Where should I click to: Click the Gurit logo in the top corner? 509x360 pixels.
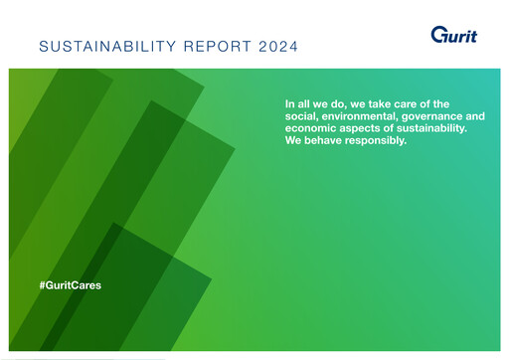pos(453,35)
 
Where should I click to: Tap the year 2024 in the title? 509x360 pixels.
pos(274,47)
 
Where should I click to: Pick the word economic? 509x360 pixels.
pos(310,128)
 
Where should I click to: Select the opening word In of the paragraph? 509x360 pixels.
pos(289,104)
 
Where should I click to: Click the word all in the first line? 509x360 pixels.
pos(304,104)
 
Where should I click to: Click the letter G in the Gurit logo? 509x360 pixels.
pos(438,35)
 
